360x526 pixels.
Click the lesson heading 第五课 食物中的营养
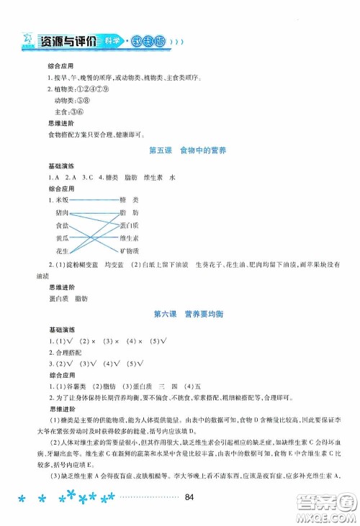pos(180,150)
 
